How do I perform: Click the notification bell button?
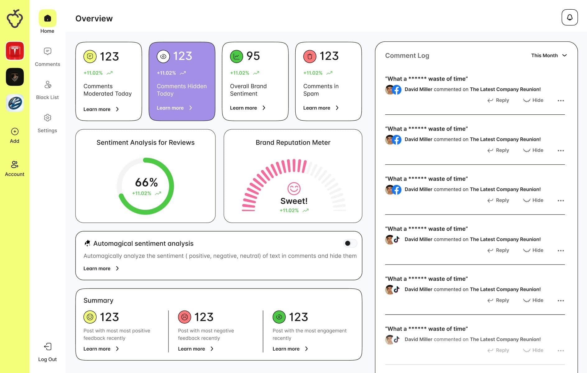(x=569, y=17)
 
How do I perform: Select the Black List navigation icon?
(x=47, y=85)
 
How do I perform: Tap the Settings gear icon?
(x=47, y=118)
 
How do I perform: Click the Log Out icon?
(x=48, y=347)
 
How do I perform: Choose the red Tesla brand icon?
(x=15, y=51)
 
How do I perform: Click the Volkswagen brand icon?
(x=15, y=103)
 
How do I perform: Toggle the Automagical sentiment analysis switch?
(x=350, y=243)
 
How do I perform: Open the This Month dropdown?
(x=549, y=55)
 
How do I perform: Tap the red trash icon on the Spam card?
(x=310, y=56)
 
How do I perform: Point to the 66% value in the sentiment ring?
(x=146, y=182)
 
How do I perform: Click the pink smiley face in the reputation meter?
(x=294, y=188)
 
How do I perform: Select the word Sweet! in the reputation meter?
(x=294, y=201)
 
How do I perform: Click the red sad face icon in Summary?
(x=184, y=317)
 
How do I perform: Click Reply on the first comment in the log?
(x=498, y=100)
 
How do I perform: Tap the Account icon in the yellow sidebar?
(x=15, y=164)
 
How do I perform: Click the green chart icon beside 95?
(x=236, y=56)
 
